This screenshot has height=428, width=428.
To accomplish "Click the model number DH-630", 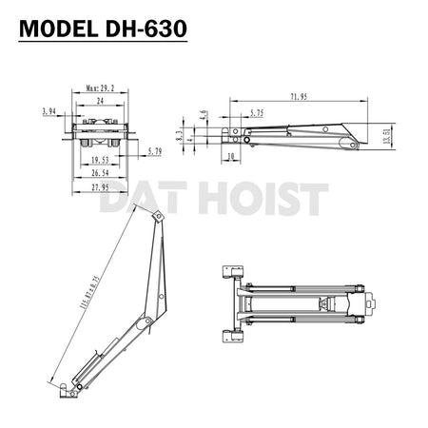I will point(146,28).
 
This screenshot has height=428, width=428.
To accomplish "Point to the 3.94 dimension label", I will point(49,111).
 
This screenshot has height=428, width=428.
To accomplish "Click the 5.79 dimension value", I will point(156,151).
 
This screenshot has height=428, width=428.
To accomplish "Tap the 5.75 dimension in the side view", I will point(257,112).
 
